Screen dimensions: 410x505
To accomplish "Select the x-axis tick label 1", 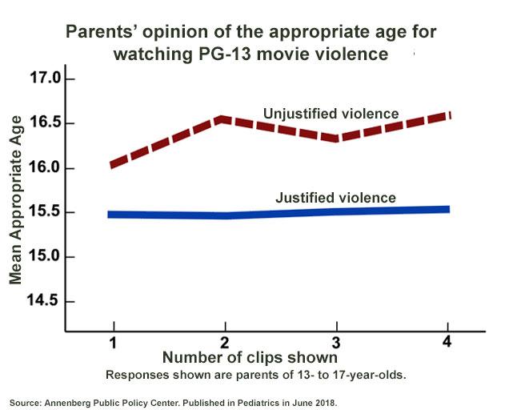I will tap(114, 342).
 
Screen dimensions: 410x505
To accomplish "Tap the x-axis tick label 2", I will tap(226, 342).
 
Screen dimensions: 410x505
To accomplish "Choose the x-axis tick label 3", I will tap(337, 342).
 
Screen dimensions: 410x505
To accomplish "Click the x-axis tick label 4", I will tap(447, 342).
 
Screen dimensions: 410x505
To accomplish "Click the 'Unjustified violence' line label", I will tap(331, 114).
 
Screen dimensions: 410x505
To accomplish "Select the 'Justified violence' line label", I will tap(335, 197).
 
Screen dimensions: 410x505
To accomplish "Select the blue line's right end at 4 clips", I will tap(447, 210).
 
